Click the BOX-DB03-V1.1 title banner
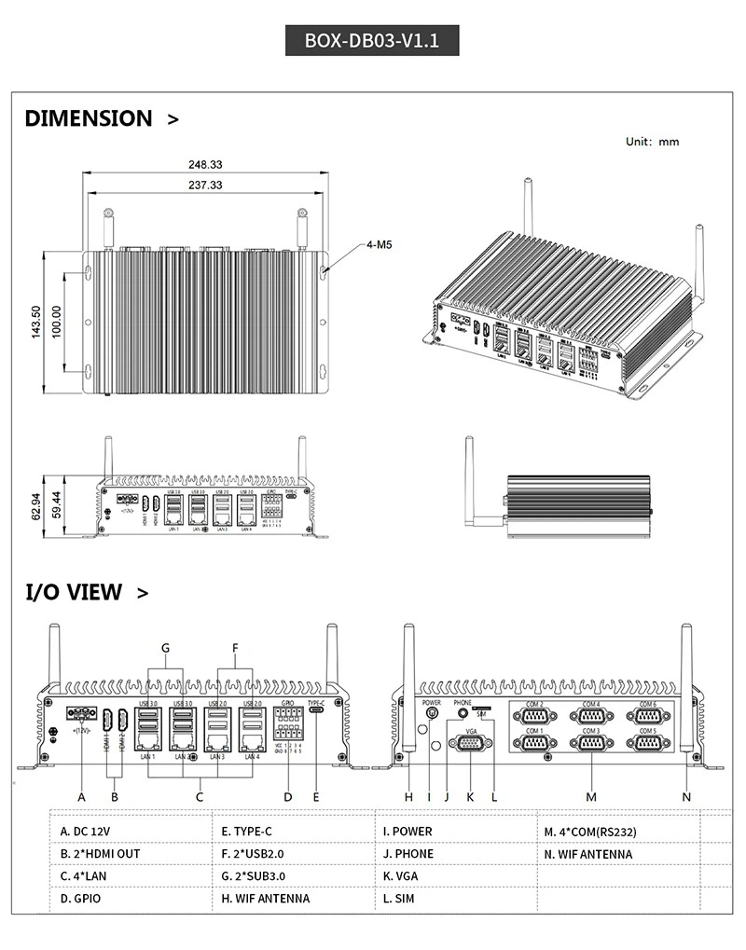coord(371,41)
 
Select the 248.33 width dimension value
coord(205,164)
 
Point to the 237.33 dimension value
coord(205,185)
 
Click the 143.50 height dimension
coord(36,322)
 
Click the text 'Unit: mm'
coord(652,142)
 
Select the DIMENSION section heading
coord(89,118)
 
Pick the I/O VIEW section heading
coord(74,591)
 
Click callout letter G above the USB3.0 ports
coord(165,647)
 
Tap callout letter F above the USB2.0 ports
coord(235,647)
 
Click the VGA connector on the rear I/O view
coord(470,743)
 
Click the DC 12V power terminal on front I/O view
coord(82,714)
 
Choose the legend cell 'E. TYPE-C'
coord(247,831)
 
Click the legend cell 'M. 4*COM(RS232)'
coord(590,831)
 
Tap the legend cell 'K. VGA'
coord(401,875)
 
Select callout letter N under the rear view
coord(686,796)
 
